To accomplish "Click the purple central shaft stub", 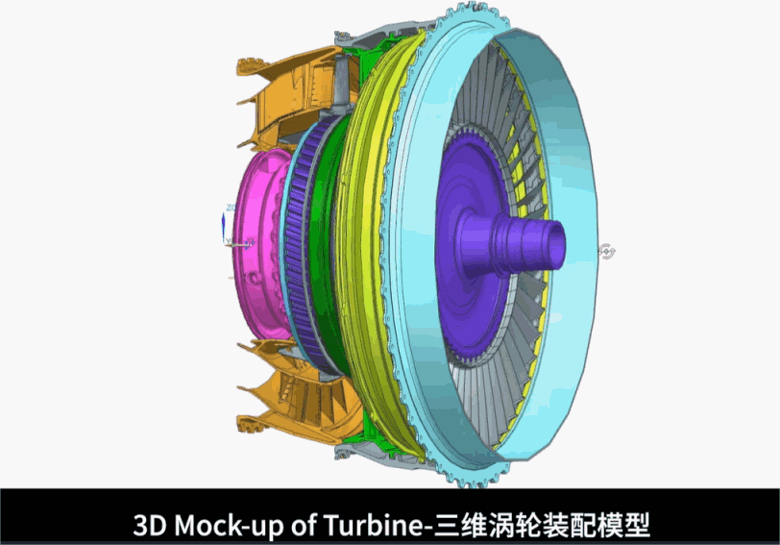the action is click(x=512, y=244).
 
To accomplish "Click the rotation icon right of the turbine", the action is click(x=606, y=251).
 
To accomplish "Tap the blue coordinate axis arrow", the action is click(x=224, y=228).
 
